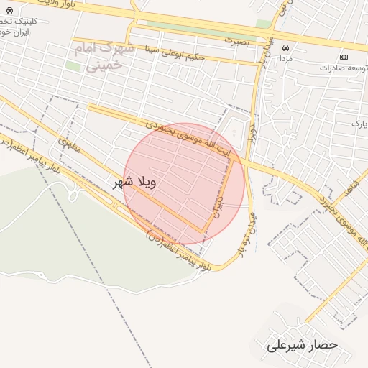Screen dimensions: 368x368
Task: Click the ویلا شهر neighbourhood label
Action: tap(135, 183)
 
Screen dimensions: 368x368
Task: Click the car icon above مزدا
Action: tap(285, 48)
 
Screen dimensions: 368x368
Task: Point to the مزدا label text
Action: tap(285, 58)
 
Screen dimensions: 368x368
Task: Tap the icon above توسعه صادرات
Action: tap(343, 57)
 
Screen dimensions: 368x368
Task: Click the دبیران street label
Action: tap(218, 207)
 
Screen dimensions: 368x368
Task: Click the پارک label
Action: tap(359, 124)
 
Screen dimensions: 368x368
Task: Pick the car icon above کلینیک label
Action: tap(9, 11)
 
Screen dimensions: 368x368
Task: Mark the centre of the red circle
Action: tap(185, 184)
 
